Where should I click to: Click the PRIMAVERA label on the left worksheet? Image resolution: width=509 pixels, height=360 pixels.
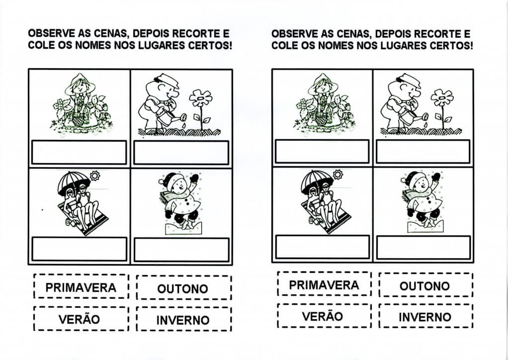[x=81, y=287]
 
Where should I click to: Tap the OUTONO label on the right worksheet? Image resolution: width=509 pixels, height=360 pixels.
[x=425, y=285]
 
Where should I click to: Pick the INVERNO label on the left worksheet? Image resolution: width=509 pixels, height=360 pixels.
[x=183, y=320]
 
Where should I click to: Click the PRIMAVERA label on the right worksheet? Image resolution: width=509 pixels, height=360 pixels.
[x=324, y=285]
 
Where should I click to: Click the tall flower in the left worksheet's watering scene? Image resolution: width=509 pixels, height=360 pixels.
[x=201, y=109]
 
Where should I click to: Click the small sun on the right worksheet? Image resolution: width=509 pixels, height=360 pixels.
[x=338, y=175]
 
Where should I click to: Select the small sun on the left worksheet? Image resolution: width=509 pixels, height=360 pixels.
[x=95, y=176]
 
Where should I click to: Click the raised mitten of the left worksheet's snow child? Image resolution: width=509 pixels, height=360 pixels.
[x=194, y=178]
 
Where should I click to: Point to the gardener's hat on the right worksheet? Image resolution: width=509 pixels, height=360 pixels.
[x=410, y=80]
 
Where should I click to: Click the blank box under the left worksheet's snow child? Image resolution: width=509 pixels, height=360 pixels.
[x=181, y=250]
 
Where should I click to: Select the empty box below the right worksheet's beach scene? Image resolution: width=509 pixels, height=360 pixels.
[x=322, y=247]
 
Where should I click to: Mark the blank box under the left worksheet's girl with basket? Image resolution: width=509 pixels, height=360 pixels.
[x=79, y=152]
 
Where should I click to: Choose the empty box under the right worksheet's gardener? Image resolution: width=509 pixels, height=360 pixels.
[x=423, y=151]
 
